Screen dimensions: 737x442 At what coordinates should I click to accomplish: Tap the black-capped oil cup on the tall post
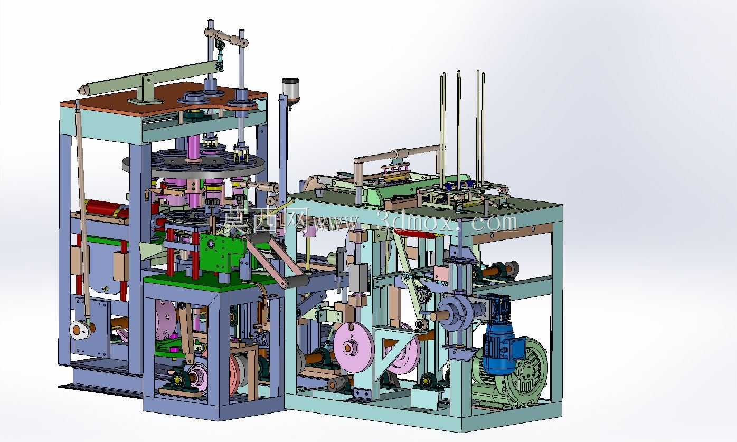click(290, 91)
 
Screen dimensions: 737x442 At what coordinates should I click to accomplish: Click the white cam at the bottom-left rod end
click(80, 329)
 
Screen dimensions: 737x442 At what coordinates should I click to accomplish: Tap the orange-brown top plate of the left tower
click(163, 98)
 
